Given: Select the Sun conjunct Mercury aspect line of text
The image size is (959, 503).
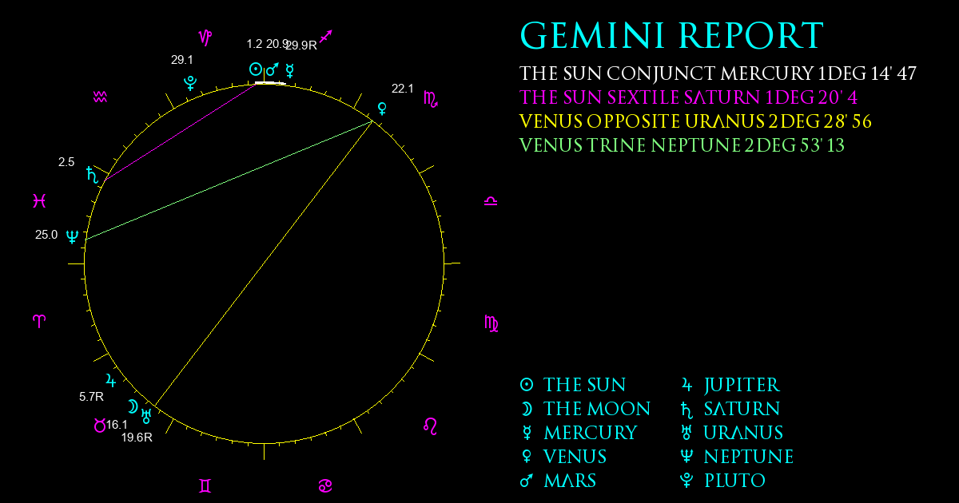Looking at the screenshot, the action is [718, 73].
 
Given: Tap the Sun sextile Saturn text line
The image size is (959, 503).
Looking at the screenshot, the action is [688, 97].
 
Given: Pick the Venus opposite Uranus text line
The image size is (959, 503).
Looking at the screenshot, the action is [695, 121].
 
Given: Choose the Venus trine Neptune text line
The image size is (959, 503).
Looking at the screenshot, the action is [682, 145].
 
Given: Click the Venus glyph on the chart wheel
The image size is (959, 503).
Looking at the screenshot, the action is [382, 109].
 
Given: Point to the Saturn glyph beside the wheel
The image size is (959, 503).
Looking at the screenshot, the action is [92, 175].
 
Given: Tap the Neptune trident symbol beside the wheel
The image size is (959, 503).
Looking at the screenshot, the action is [73, 236].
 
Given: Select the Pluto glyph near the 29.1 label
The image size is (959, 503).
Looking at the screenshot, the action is [190, 83].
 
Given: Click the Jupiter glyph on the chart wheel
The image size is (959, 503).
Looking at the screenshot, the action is [111, 380].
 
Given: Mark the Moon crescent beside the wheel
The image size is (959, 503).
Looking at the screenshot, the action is [133, 406].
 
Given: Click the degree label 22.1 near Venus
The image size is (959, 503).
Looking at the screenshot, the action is [403, 89].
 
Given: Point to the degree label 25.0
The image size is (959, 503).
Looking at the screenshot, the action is [46, 235].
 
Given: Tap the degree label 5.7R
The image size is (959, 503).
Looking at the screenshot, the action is [91, 397].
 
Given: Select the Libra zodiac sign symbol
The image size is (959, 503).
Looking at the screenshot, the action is [491, 201].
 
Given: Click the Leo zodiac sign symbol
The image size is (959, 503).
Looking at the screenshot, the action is [430, 426].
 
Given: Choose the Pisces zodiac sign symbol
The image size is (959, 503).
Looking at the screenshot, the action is [39, 200].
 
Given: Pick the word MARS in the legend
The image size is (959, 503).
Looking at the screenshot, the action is [570, 481].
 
